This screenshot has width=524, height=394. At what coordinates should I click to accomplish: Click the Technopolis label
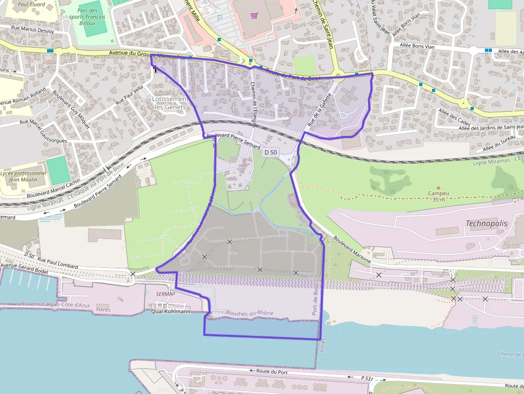click(x=486, y=223)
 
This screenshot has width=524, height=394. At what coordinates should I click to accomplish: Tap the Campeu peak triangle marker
click(x=438, y=188)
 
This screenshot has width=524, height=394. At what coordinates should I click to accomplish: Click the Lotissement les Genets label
click(x=169, y=103)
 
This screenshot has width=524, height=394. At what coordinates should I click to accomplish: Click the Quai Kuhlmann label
click(x=171, y=311)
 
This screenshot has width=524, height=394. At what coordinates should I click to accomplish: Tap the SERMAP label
click(x=166, y=295)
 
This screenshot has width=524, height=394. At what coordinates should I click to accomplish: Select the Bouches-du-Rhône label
click(x=250, y=313)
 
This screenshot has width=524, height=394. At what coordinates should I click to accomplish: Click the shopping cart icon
click(x=255, y=16)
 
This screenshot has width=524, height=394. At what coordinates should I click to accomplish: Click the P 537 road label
click(x=367, y=378)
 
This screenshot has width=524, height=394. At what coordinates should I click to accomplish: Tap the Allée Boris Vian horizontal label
click(x=422, y=46)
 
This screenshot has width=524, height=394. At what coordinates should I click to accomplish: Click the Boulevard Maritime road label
click(x=352, y=249)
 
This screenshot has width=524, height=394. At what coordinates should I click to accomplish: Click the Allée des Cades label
click(x=452, y=116)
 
